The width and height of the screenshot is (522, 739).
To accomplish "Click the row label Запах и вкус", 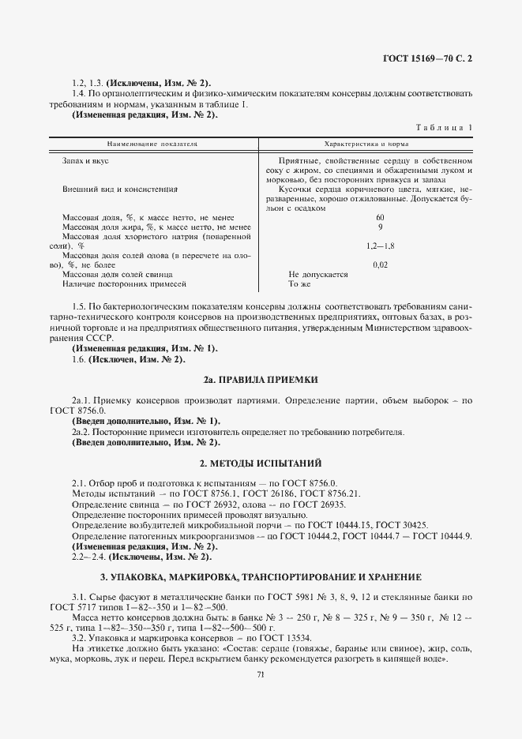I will tap(85, 160).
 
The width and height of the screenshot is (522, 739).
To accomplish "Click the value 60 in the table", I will tap(380, 218).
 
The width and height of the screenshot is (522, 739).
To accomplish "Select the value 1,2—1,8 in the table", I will tap(380, 246).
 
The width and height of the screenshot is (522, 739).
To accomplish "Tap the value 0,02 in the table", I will tap(380, 265).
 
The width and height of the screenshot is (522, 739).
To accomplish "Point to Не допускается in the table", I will tap(318, 274).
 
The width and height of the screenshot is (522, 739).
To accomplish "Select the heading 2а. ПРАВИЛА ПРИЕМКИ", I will tap(261, 380).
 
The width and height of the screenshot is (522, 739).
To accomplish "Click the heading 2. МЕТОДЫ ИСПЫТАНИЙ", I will tap(261, 462).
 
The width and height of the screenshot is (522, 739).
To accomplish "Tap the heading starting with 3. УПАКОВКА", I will tap(261, 577).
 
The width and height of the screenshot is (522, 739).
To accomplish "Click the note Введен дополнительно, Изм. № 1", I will tap(146, 421).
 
